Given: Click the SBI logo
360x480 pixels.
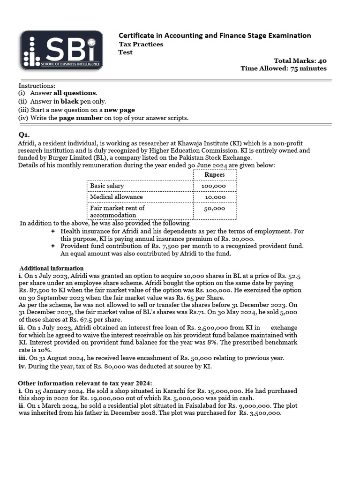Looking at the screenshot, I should coord(61,50).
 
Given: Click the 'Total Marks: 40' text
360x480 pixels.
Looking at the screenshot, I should coord(300,61).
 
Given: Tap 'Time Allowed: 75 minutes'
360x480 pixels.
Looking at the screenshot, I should coord(283,68).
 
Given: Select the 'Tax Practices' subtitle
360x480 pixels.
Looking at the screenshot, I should coord(141,44).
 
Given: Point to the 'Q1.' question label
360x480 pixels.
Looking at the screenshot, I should coord(24,135).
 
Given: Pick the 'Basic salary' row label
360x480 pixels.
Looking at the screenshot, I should coord(107,186).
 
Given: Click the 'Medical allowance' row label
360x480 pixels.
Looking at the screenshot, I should coord(116,197).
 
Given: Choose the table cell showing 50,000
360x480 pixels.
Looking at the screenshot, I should coord(215,209).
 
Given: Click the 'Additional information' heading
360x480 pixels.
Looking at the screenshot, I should coord(52,268).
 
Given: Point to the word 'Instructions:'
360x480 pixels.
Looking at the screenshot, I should coord(37,86).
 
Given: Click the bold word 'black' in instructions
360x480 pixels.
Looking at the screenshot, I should coord(69,101).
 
